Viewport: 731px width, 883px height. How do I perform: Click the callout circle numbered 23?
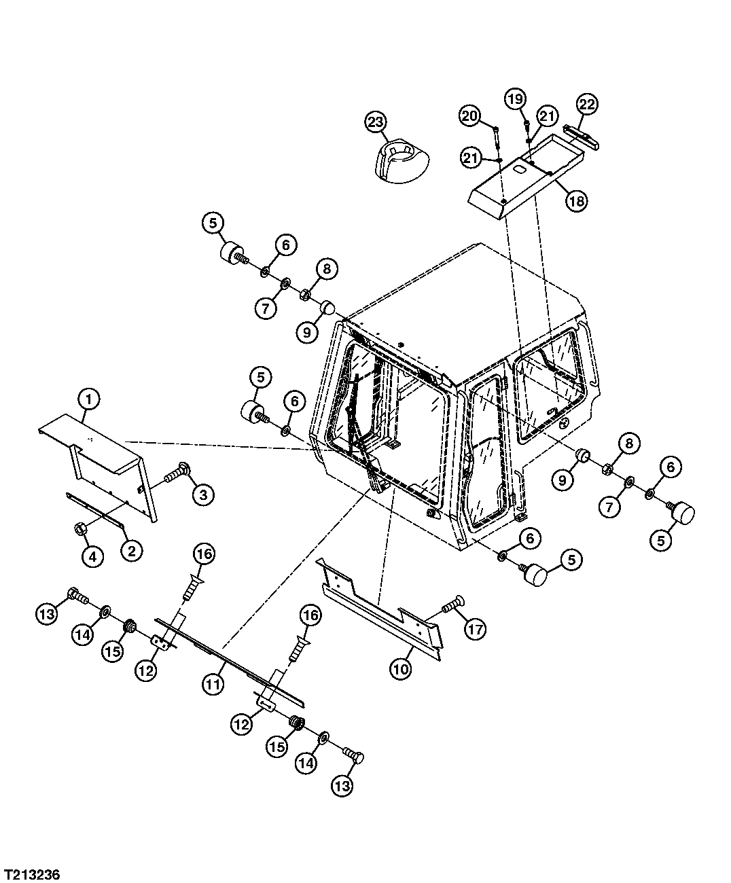pyautogui.click(x=376, y=122)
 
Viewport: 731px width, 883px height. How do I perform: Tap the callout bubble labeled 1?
pyautogui.click(x=89, y=399)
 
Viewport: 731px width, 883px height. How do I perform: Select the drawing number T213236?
pyautogui.click(x=32, y=875)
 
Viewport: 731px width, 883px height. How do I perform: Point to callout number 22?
pyautogui.click(x=587, y=105)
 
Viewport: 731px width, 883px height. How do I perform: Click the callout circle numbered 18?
pyautogui.click(x=577, y=200)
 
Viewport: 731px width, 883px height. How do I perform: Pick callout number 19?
pyautogui.click(x=516, y=99)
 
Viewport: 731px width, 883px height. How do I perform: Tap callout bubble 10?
pyautogui.click(x=401, y=668)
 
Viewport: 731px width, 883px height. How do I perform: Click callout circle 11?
pyautogui.click(x=213, y=684)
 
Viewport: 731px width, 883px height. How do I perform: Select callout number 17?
pyautogui.click(x=475, y=629)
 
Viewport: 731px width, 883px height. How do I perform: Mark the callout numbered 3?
pyautogui.click(x=203, y=494)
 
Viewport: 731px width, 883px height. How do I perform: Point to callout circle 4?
pyautogui.click(x=92, y=556)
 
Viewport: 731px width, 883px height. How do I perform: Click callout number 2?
pyautogui.click(x=132, y=550)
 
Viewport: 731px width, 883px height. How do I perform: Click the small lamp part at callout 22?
pyautogui.click(x=582, y=136)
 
